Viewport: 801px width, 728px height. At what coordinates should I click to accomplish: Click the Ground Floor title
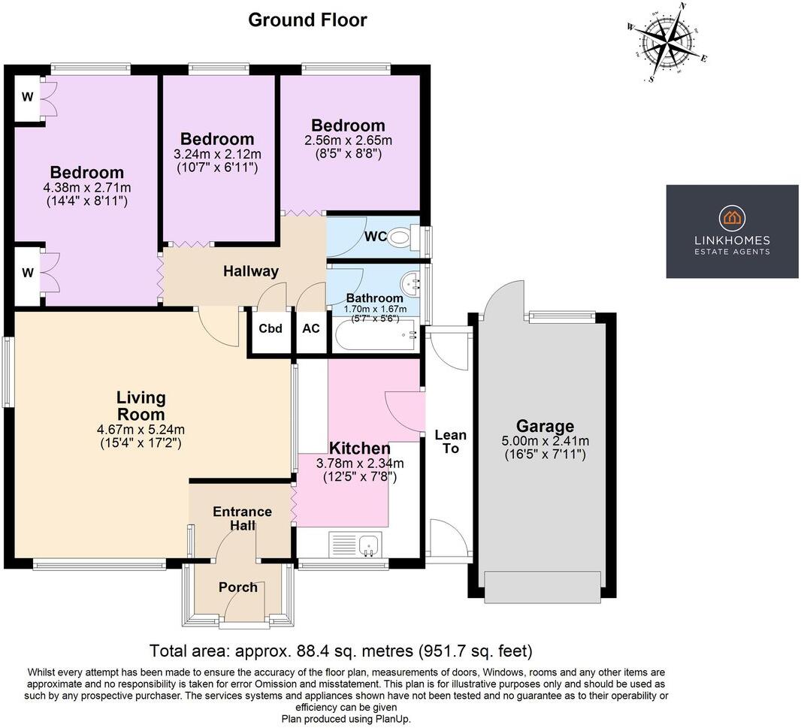click(307, 20)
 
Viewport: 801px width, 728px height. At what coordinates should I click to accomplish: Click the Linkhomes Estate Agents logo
click(732, 231)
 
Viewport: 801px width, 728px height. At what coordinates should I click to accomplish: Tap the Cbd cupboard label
click(271, 328)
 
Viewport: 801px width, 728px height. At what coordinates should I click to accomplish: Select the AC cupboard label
click(311, 328)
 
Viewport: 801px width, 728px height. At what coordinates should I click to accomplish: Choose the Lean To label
click(450, 442)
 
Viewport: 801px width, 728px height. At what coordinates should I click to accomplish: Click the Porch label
click(237, 587)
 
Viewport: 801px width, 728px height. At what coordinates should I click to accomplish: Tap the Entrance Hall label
click(242, 518)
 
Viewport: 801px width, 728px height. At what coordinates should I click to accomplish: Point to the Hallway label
click(250, 271)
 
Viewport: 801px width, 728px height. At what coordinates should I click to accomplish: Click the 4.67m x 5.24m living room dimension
click(141, 430)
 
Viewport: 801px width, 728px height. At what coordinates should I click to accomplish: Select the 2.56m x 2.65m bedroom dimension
click(348, 140)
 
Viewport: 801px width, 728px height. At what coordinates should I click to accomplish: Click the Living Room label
click(141, 406)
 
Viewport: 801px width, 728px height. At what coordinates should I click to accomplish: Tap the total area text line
click(340, 651)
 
